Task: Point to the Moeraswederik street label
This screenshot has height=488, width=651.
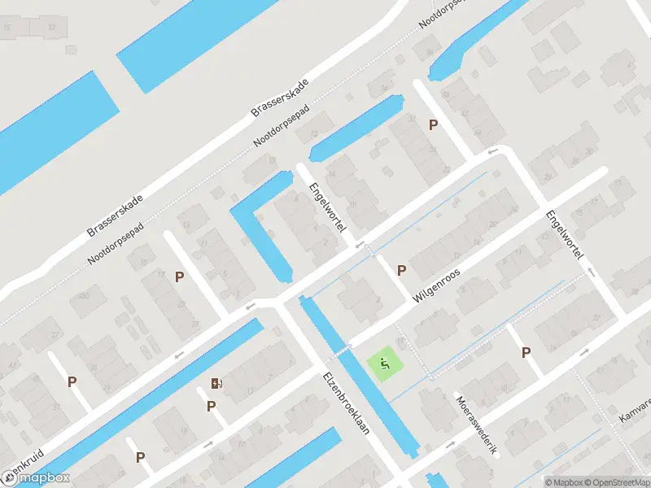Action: [x=476, y=425]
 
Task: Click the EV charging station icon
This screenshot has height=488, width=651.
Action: [x=216, y=383]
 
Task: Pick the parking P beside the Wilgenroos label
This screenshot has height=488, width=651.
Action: [x=401, y=270]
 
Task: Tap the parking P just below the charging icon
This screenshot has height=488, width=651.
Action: [x=212, y=405]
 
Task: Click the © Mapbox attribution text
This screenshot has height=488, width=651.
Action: [x=563, y=482]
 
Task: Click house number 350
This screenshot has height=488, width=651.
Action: [x=82, y=298]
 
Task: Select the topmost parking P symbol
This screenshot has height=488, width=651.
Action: [x=434, y=124]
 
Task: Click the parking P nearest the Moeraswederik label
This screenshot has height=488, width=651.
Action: [x=526, y=352]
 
